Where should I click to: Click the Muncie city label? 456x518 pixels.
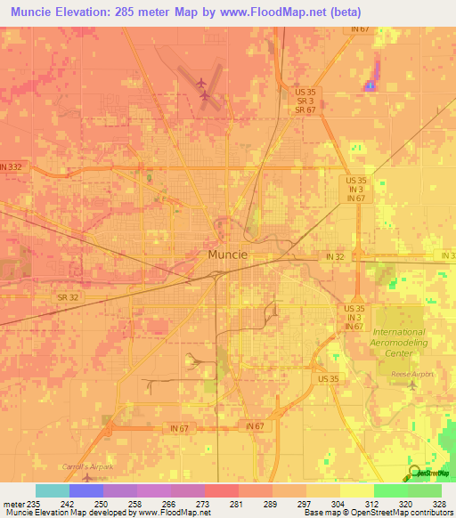(x=227, y=254)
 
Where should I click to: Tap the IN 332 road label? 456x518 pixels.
(x=11, y=167)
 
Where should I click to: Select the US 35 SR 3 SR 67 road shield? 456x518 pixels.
(x=305, y=101)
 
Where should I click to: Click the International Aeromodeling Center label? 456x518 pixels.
(x=400, y=343)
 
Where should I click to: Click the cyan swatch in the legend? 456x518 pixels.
(x=52, y=490)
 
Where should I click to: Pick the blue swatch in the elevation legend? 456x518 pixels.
(x=85, y=490)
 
